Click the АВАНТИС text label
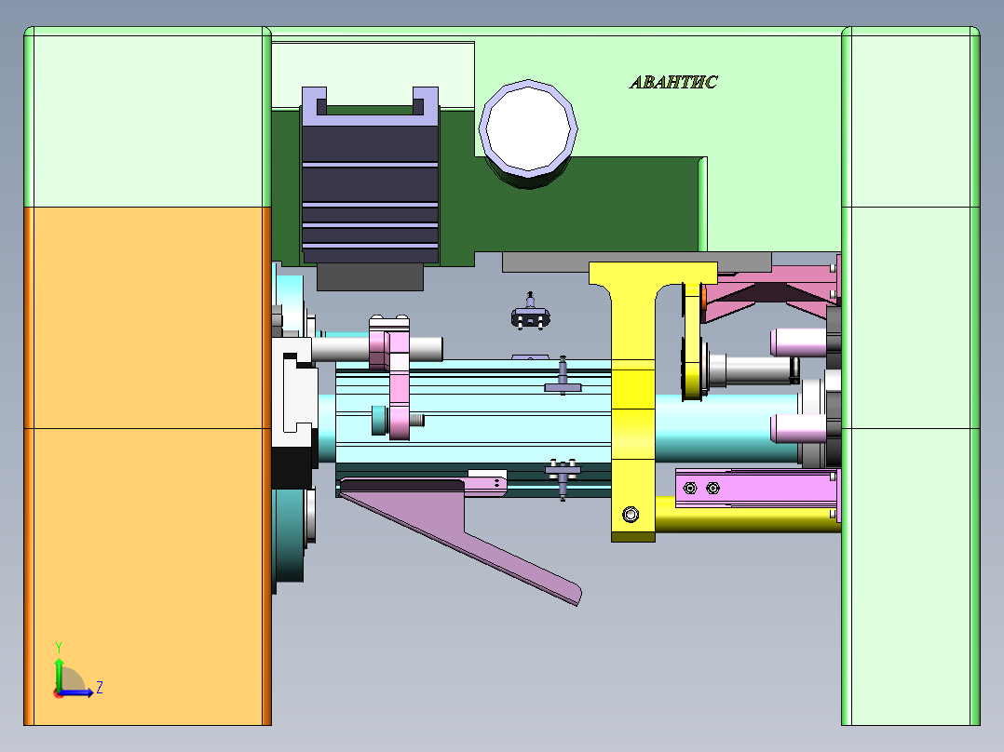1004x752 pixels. [673, 82]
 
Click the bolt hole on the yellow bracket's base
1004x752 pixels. [631, 514]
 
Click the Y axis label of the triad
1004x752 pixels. [58, 646]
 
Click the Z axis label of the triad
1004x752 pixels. [99, 688]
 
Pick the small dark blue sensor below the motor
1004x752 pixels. [529, 317]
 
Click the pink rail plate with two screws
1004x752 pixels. [754, 489]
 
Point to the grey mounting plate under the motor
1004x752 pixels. [371, 276]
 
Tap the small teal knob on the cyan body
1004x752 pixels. [378, 420]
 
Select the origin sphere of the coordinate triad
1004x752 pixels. [59, 692]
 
